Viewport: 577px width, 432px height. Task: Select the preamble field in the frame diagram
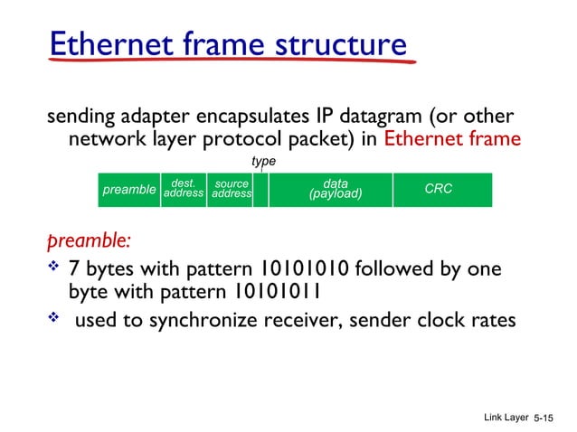[129, 191]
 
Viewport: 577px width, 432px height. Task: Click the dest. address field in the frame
[184, 190]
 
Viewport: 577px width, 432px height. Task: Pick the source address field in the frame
[230, 190]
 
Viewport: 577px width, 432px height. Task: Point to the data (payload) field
[335, 190]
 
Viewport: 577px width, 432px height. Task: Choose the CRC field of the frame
[439, 190]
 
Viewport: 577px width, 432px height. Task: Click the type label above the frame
[263, 161]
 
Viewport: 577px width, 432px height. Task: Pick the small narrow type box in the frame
[260, 191]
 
